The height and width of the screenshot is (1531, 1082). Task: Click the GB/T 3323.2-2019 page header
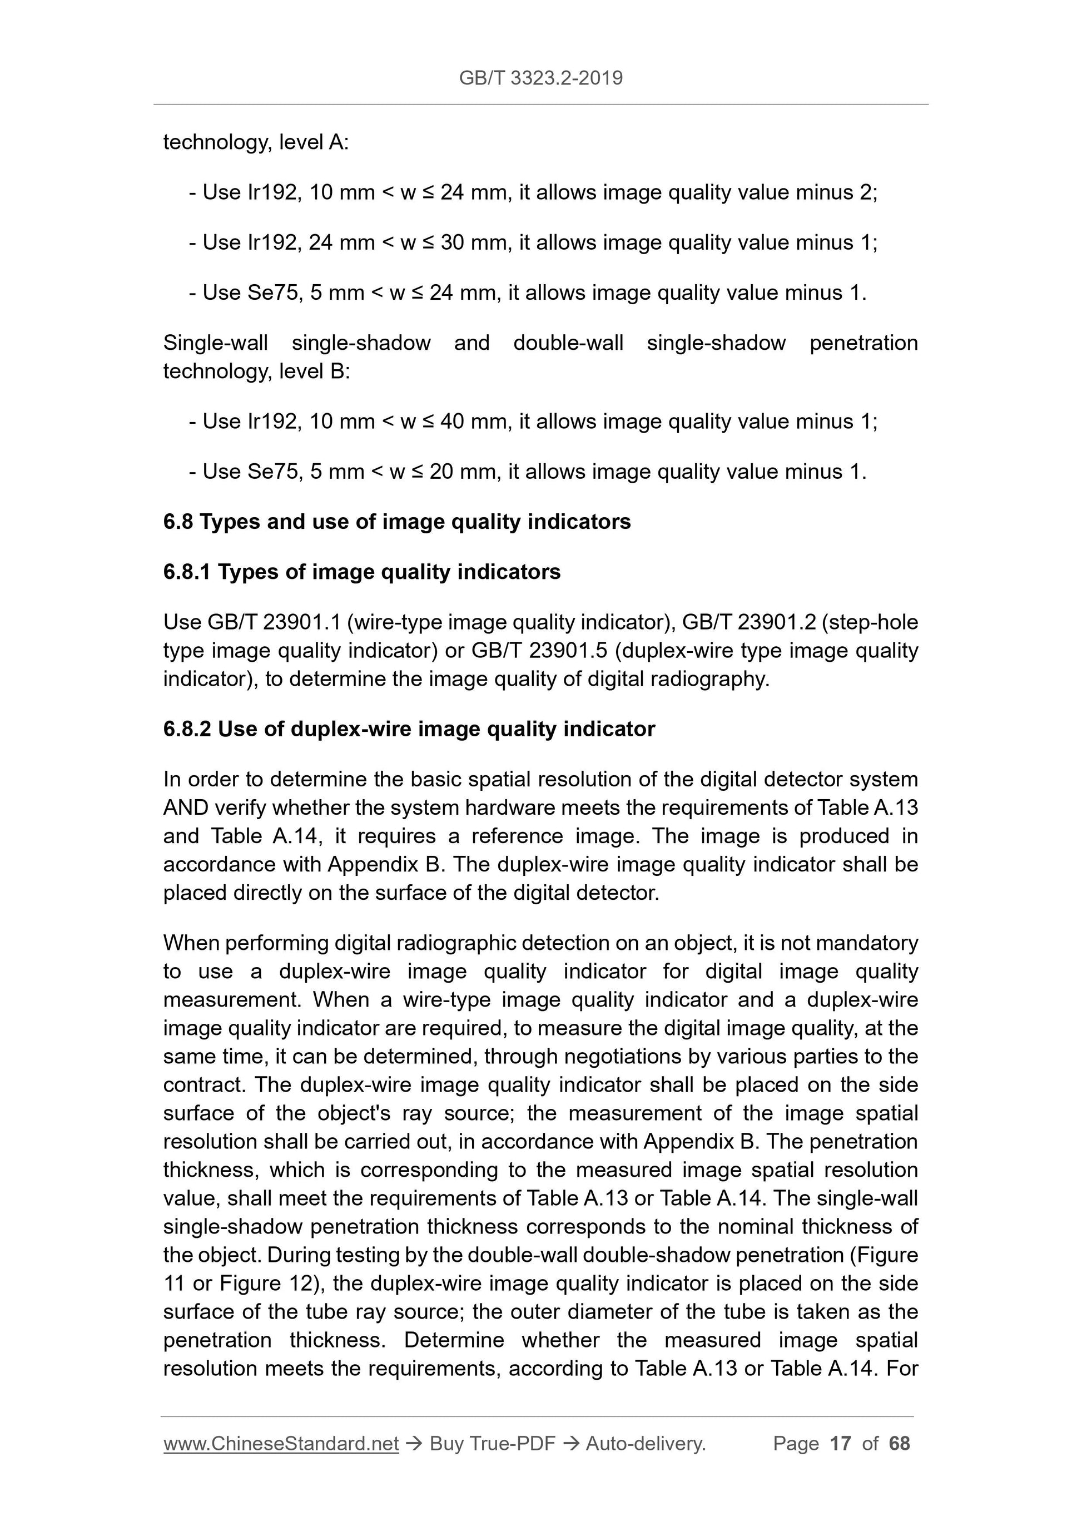click(540, 78)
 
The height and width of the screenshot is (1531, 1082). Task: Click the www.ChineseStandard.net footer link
click(281, 1444)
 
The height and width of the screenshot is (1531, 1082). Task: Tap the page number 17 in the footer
click(840, 1444)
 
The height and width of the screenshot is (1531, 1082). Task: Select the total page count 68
click(899, 1444)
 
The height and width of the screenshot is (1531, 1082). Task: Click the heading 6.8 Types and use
click(396, 522)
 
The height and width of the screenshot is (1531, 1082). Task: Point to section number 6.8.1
click(187, 572)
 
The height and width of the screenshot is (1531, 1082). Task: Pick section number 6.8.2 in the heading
click(187, 729)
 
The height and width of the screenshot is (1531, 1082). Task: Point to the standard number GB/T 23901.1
click(274, 622)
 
